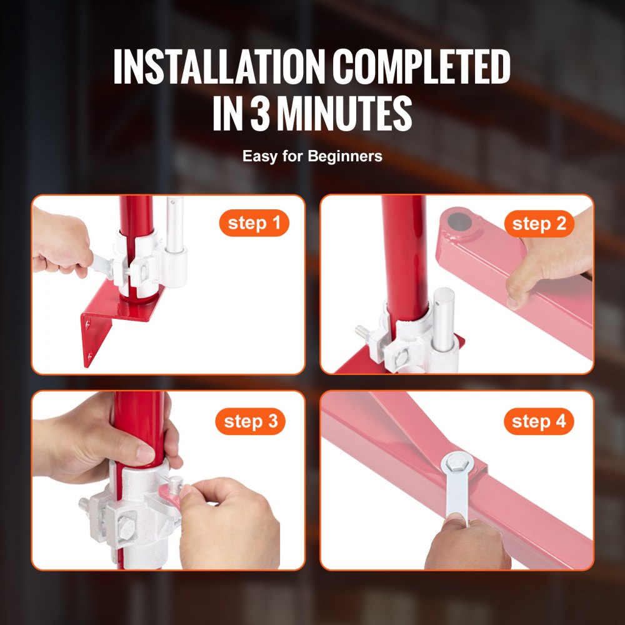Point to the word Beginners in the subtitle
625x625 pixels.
(x=344, y=156)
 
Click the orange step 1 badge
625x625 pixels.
(x=254, y=223)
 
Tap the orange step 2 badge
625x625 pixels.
(x=539, y=223)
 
